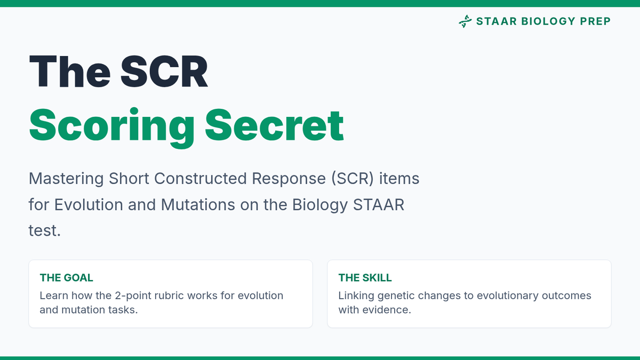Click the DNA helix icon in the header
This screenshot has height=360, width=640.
pos(465,21)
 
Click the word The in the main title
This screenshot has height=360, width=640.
pos(70,71)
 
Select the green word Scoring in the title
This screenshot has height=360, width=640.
pos(111,126)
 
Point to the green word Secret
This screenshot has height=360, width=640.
pos(274,125)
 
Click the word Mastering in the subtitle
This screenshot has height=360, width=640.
pos(66,179)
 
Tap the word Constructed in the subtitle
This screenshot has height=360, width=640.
pos(201,179)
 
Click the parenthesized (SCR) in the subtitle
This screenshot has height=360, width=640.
pos(353,179)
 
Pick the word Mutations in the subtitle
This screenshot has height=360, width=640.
pos(198,205)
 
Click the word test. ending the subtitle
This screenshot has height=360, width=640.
pos(45,231)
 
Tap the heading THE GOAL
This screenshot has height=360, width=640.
pos(66,278)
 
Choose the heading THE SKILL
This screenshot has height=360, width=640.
pos(365,278)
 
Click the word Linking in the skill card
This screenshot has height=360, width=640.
pos(356,296)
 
